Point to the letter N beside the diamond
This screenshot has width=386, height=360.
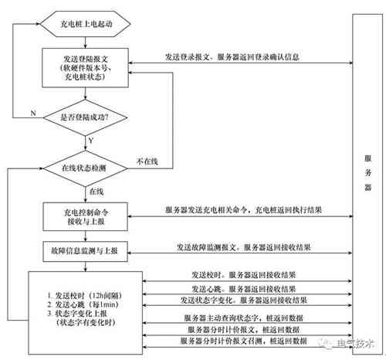click(33, 114)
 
